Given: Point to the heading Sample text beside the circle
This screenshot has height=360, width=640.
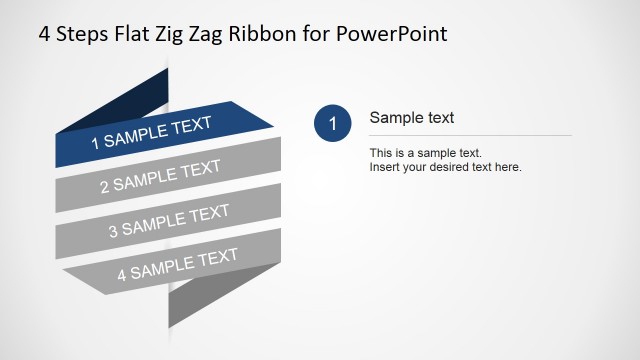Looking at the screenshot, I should click(412, 118).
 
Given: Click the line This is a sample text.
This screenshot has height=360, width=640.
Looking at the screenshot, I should click(426, 153).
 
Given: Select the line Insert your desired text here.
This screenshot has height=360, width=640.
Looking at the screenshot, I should click(446, 167).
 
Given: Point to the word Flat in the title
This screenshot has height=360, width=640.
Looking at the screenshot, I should click(130, 34).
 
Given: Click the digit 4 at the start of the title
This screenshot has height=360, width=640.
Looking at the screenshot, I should click(44, 34).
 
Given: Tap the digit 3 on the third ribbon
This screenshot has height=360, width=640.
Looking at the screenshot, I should click(113, 231).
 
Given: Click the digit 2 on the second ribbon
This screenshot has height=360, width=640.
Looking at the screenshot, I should click(105, 187).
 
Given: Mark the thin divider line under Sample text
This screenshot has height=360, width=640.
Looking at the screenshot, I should click(470, 135).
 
